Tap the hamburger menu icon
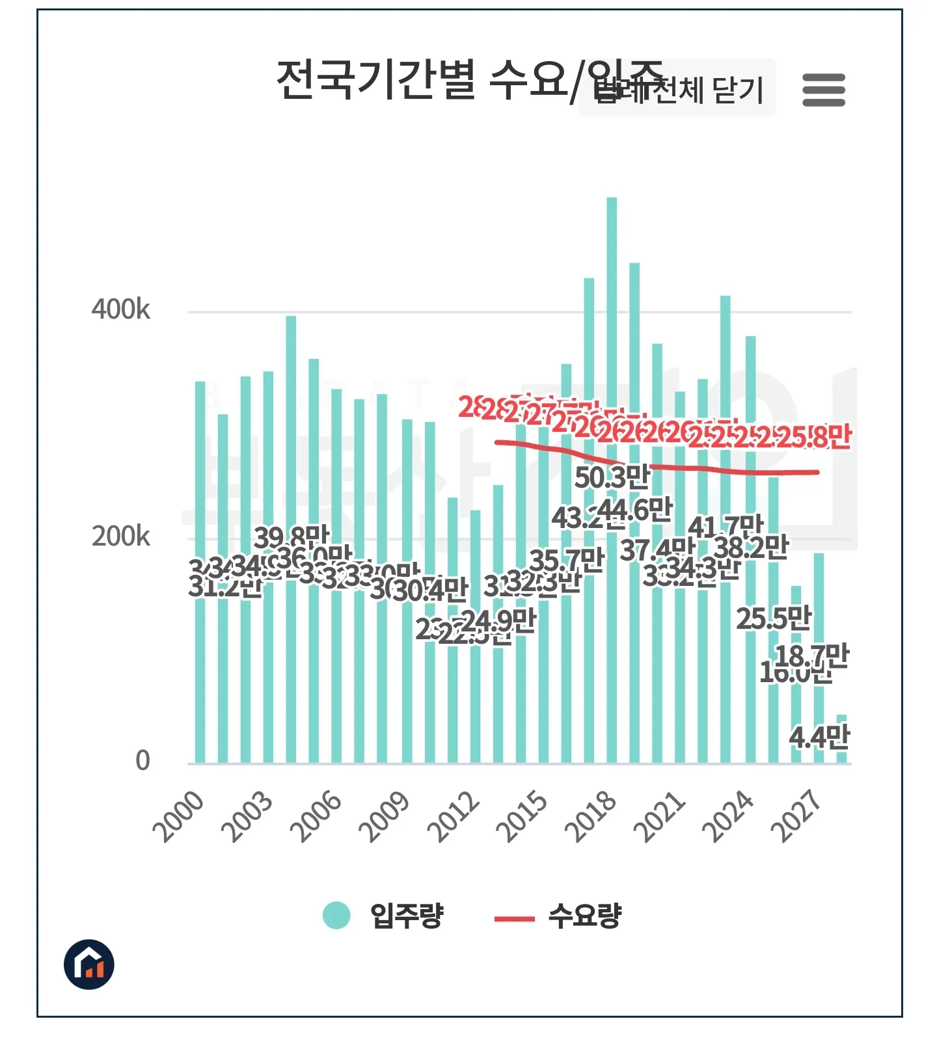[x=823, y=90]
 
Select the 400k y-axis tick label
[x=120, y=310]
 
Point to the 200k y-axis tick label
[x=120, y=536]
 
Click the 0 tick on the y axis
[x=143, y=760]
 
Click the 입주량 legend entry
[x=384, y=916]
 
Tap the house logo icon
[x=89, y=964]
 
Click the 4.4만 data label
[x=819, y=737]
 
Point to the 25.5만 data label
[x=774, y=618]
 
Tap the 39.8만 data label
[x=292, y=537]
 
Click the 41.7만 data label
[x=726, y=526]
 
